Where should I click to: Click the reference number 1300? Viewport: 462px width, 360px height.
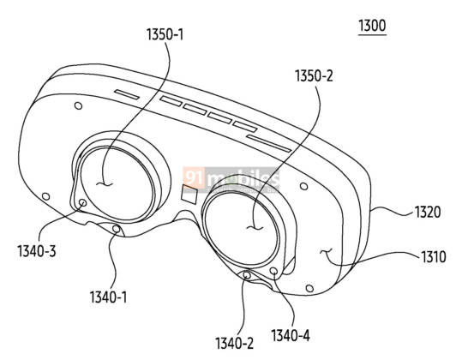coord(372,26)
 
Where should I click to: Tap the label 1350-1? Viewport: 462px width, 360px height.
coord(165,34)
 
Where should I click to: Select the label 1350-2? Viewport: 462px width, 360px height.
coord(314,75)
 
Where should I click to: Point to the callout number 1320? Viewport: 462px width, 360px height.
coord(428,212)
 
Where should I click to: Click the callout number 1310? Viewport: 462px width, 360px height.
coord(433,256)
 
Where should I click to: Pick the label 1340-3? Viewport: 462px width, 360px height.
coord(37,251)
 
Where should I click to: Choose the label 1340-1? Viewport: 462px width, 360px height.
coord(108,297)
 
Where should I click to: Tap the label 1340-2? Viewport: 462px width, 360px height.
coord(234,343)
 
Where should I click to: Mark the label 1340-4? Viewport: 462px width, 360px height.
coord(291,335)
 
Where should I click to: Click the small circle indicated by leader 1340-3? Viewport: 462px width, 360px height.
coord(83,202)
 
